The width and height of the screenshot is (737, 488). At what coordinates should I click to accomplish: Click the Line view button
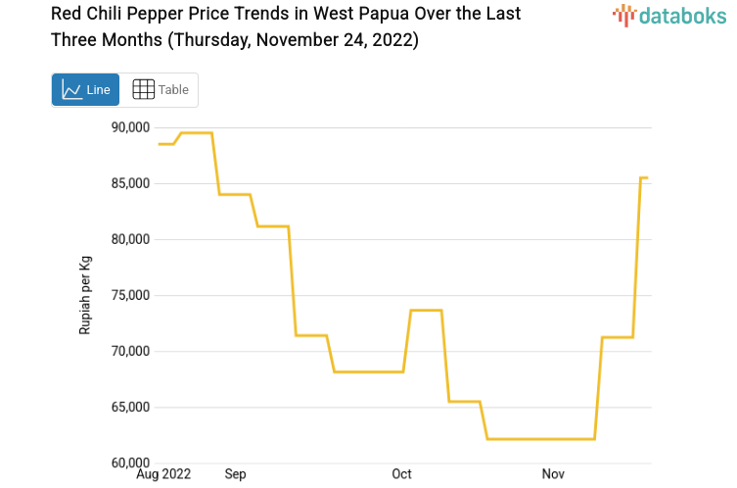pos(85,90)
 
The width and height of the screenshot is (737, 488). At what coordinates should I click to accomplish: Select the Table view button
pos(160,90)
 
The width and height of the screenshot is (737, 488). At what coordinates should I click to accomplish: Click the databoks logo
pos(668,15)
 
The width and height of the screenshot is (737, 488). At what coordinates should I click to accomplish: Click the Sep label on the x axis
pos(235,474)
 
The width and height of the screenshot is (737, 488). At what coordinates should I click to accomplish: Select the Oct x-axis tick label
pos(401,474)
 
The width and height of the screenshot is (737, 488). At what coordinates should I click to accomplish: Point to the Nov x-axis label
pos(554,474)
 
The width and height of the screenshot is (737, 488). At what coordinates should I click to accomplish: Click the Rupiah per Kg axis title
pos(85,295)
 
